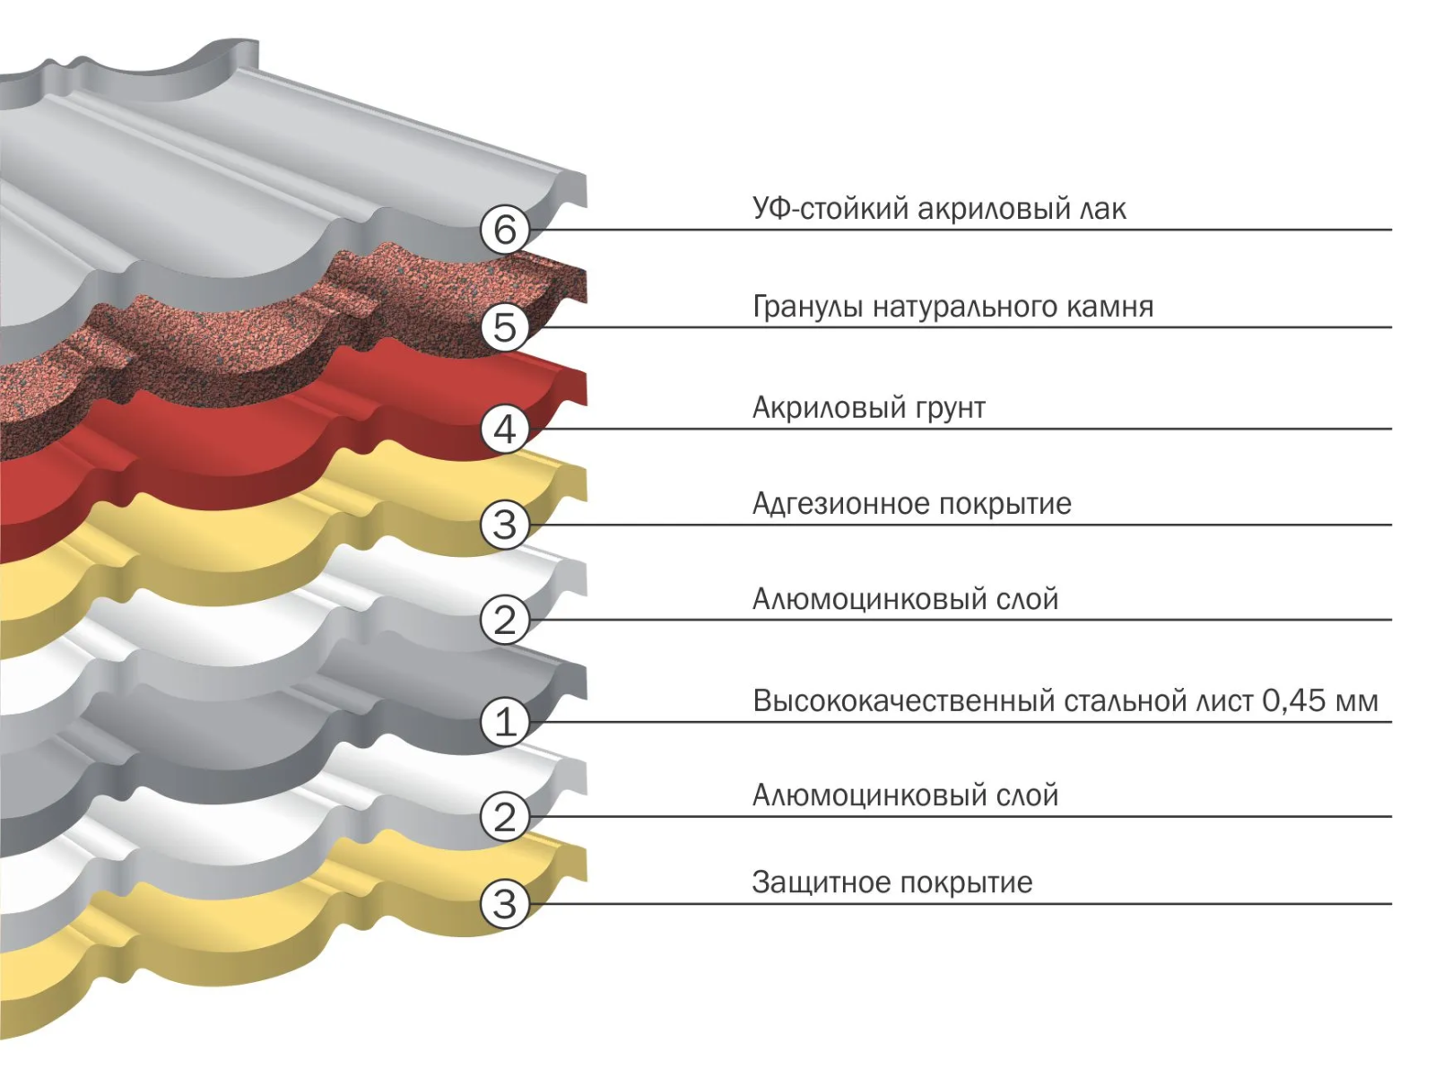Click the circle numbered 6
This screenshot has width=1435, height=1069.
505,230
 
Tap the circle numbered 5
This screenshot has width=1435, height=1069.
505,326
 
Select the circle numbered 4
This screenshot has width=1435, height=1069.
505,429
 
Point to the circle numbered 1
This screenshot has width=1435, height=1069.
505,722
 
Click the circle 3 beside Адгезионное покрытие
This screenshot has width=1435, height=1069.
505,525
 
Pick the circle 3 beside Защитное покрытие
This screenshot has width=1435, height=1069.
505,904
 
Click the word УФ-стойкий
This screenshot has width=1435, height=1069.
818,209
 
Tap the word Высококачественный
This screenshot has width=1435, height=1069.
904,700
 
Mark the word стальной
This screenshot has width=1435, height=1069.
1126,700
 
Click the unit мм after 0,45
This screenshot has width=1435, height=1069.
1356,700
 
